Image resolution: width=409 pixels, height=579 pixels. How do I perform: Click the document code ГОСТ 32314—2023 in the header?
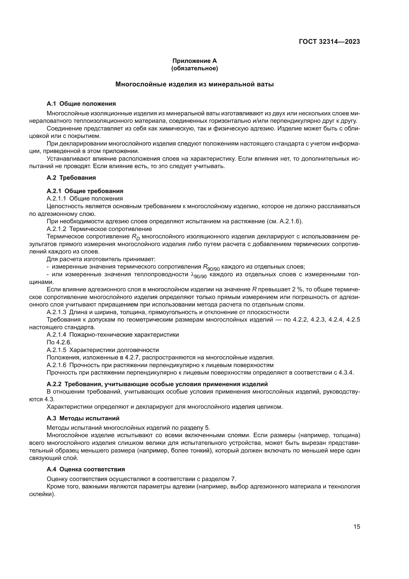(x=329, y=42)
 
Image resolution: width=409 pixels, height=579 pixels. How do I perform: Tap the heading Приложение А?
(x=194, y=61)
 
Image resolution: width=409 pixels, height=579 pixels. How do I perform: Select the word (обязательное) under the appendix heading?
(x=194, y=68)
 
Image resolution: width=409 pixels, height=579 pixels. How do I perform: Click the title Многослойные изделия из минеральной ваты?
(x=194, y=84)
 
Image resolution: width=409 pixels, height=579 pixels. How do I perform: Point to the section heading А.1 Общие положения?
(x=81, y=104)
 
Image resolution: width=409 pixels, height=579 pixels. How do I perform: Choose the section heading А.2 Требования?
(x=71, y=177)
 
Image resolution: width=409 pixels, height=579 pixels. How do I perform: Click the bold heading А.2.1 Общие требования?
(x=85, y=191)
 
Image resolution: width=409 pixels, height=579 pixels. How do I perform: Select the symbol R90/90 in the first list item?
(x=211, y=267)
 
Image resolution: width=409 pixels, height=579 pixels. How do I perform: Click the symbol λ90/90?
(x=199, y=275)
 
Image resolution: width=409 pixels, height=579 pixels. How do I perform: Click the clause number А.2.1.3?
(x=56, y=312)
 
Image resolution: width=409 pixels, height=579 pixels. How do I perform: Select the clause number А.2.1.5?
(x=56, y=350)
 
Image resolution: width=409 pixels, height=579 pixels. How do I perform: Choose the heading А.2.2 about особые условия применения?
(x=157, y=384)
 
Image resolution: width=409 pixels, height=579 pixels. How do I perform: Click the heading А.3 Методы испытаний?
(x=83, y=418)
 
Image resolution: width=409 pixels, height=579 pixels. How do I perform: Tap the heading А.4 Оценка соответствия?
(x=86, y=469)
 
